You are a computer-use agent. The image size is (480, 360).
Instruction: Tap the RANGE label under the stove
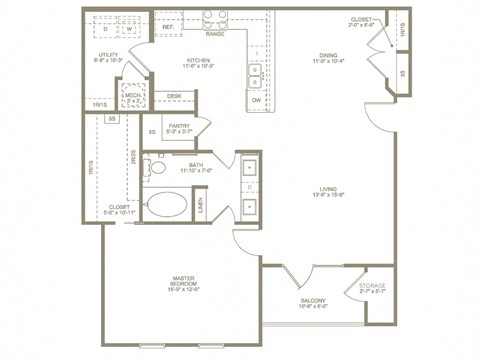215,34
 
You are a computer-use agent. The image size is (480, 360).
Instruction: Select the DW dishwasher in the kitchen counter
257,100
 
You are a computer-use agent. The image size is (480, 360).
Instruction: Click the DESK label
174,96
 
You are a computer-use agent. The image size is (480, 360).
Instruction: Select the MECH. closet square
131,96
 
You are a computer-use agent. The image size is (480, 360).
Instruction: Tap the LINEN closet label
202,206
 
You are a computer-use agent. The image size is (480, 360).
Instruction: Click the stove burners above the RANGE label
215,18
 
